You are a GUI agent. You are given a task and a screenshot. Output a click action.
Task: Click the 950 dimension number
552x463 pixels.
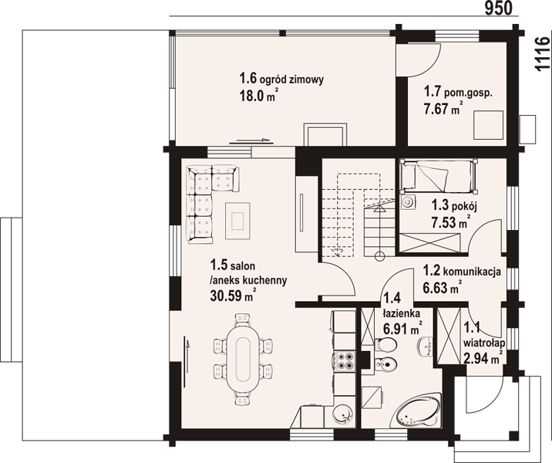click(x=499, y=8)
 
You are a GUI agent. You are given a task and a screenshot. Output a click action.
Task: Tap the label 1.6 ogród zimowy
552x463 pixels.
click(x=281, y=79)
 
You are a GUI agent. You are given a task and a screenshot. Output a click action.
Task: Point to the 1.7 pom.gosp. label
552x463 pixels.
click(x=458, y=93)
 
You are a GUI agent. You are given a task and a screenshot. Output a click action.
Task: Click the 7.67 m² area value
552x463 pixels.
click(x=443, y=109)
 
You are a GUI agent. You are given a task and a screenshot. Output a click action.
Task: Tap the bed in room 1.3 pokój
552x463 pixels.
click(x=439, y=176)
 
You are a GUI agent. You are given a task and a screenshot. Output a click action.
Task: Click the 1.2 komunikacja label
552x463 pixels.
click(x=462, y=271)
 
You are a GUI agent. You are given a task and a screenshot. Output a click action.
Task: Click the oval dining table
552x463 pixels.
click(x=243, y=359)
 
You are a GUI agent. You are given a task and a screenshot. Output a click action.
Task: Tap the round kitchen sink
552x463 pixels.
click(x=342, y=414)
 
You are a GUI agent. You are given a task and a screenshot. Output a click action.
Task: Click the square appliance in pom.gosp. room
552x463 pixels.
click(x=489, y=125)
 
